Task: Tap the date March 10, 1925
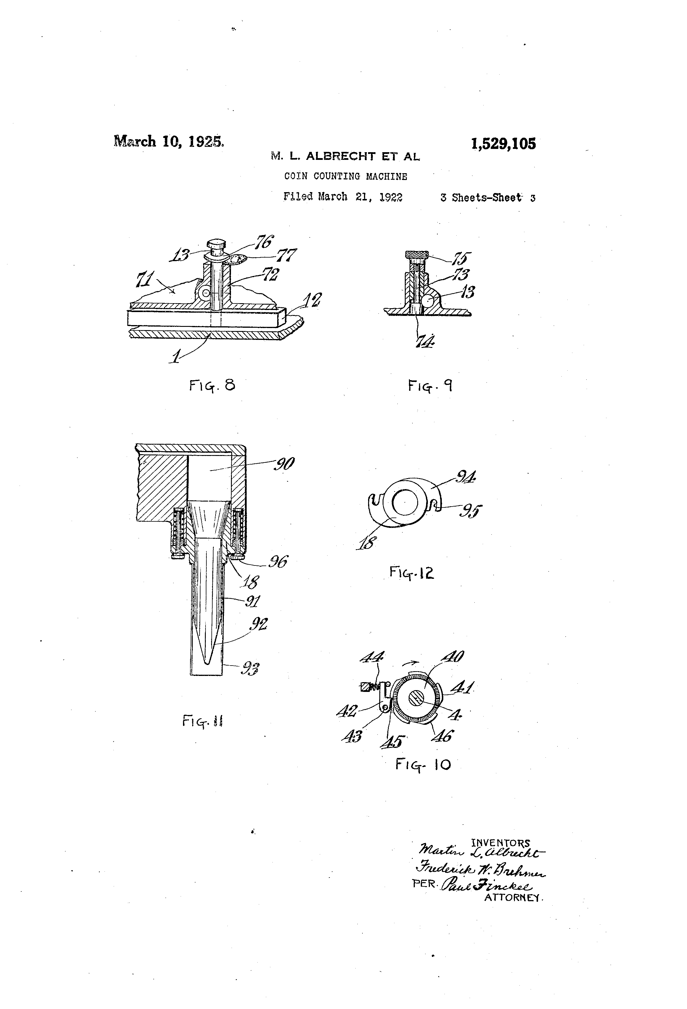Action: point(169,142)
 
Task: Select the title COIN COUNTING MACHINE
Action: point(346,176)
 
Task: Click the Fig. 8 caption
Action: point(212,385)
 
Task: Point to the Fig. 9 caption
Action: point(430,385)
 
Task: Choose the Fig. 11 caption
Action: point(202,722)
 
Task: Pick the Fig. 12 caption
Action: point(411,573)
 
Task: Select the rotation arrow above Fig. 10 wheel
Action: point(411,663)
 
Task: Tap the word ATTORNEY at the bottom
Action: point(513,897)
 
